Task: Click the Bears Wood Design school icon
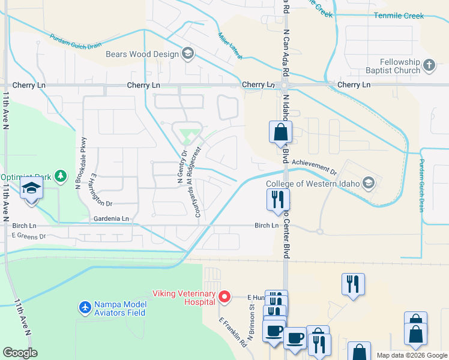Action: (x=187, y=55)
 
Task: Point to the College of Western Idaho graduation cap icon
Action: (x=369, y=183)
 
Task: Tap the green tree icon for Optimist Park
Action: (x=60, y=176)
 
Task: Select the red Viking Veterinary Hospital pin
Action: (x=224, y=296)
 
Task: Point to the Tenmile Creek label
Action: (x=399, y=16)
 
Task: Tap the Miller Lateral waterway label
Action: (x=231, y=46)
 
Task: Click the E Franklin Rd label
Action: (x=233, y=333)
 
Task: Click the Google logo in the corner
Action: (x=20, y=352)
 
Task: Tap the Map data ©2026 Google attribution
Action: (x=411, y=355)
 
